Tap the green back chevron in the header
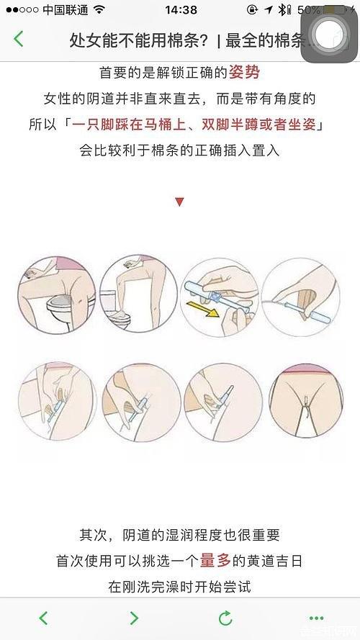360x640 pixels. tap(19, 39)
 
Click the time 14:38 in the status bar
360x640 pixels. tap(181, 10)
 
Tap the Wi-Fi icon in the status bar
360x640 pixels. tap(99, 10)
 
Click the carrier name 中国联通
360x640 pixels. tap(66, 10)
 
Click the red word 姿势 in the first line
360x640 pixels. tap(244, 73)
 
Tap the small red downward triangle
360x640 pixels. tap(179, 202)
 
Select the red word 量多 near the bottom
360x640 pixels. tap(215, 561)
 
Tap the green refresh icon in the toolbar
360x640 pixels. tap(225, 618)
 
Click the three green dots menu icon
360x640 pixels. tap(316, 618)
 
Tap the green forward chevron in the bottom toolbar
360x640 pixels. tap(135, 618)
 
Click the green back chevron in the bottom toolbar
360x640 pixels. tap(43, 618)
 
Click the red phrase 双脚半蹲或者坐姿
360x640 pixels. tap(258, 125)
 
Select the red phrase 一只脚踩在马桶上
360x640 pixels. tap(130, 125)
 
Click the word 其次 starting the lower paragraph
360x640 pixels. tap(94, 535)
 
